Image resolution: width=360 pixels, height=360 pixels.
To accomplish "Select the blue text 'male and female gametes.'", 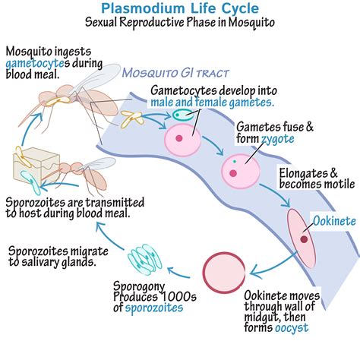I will pos(212,101).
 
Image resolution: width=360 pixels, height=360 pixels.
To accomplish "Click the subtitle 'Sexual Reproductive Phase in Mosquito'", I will pos(179,24).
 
